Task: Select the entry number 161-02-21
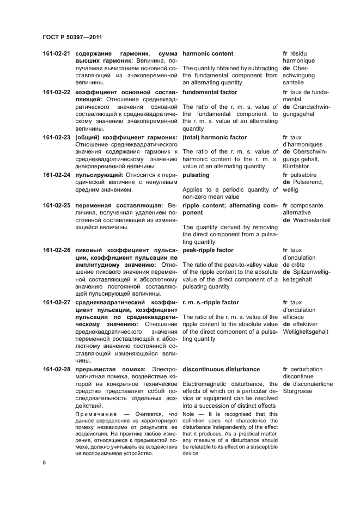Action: [57, 54]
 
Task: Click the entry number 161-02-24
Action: [57, 175]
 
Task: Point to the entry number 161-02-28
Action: [57, 370]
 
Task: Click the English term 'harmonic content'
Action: [208, 54]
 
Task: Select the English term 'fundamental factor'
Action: [210, 93]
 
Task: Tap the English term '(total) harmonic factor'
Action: [215, 137]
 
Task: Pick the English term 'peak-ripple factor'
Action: [208, 250]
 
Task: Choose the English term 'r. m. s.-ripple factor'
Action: [211, 303]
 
